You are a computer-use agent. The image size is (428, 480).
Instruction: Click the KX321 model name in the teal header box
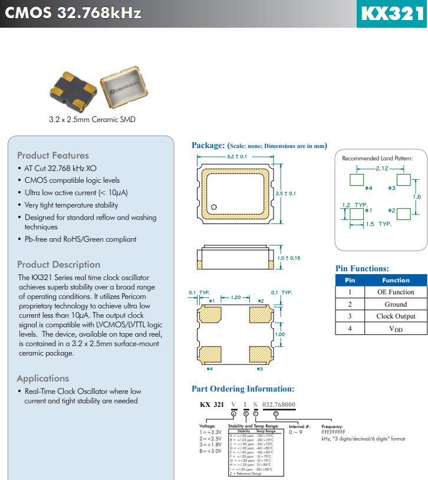click(x=391, y=14)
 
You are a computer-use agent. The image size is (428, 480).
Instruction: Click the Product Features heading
click(x=53, y=156)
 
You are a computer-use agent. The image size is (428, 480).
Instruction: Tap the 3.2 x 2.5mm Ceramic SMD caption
click(x=92, y=120)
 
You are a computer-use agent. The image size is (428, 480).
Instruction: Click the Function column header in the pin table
click(x=396, y=280)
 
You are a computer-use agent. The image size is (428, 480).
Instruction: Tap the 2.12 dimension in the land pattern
click(x=381, y=168)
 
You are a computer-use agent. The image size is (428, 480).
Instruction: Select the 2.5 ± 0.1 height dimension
click(x=285, y=193)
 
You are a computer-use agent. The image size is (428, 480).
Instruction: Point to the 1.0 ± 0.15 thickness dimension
click(x=289, y=258)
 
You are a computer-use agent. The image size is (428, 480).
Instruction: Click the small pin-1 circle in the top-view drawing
click(x=215, y=206)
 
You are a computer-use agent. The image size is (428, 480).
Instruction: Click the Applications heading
click(x=43, y=379)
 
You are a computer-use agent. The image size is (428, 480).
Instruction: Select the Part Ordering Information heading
click(x=243, y=389)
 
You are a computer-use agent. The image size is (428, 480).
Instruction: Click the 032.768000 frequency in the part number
click(x=279, y=405)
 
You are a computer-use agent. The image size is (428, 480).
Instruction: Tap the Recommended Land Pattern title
click(x=377, y=159)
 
